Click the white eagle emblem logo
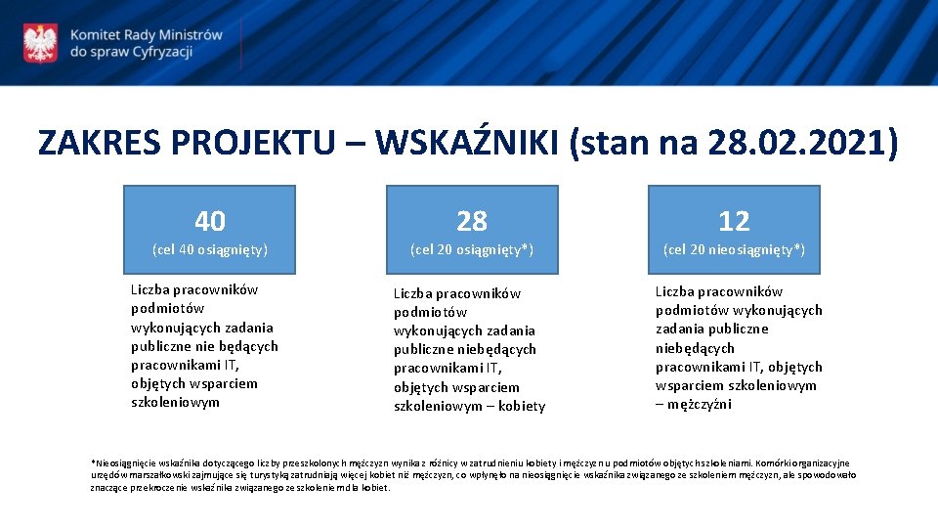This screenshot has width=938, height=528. click(x=40, y=43)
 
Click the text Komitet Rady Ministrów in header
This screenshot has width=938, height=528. click(x=147, y=34)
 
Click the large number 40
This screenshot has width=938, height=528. click(x=210, y=221)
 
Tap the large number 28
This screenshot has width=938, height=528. click(x=472, y=221)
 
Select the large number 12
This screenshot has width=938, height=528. click(x=734, y=221)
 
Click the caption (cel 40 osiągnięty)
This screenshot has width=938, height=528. click(x=210, y=249)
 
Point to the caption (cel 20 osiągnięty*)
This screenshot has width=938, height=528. click(x=472, y=249)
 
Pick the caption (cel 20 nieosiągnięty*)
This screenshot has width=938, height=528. click(x=734, y=249)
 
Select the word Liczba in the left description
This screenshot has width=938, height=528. click(x=151, y=289)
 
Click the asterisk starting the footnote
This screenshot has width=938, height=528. click(x=92, y=462)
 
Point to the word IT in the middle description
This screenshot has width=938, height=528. click(x=491, y=369)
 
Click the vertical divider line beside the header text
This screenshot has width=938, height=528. click(x=240, y=43)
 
